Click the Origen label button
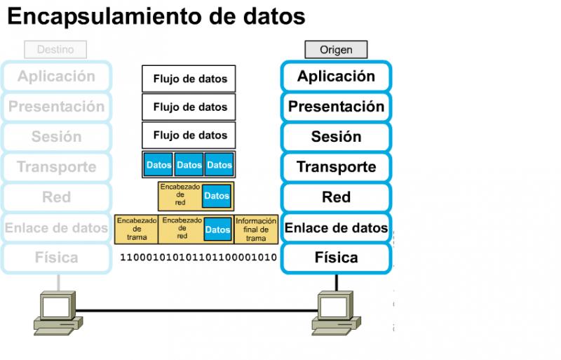pyautogui.click(x=336, y=50)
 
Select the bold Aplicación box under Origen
pyautogui.click(x=336, y=76)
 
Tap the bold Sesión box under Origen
pyautogui.click(x=336, y=137)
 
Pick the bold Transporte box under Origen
pyautogui.click(x=336, y=167)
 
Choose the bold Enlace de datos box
pyautogui.click(x=336, y=227)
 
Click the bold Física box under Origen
pyautogui.click(x=336, y=258)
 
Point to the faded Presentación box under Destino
pyautogui.click(x=56, y=107)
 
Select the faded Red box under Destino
pyautogui.click(x=56, y=197)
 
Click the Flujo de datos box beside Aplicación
pyautogui.click(x=189, y=79)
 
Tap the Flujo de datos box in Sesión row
pyautogui.click(x=189, y=135)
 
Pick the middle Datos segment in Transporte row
pyautogui.click(x=189, y=165)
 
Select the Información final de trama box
pyautogui.click(x=257, y=229)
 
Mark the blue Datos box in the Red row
pyautogui.click(x=217, y=196)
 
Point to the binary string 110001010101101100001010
pyautogui.click(x=198, y=258)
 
